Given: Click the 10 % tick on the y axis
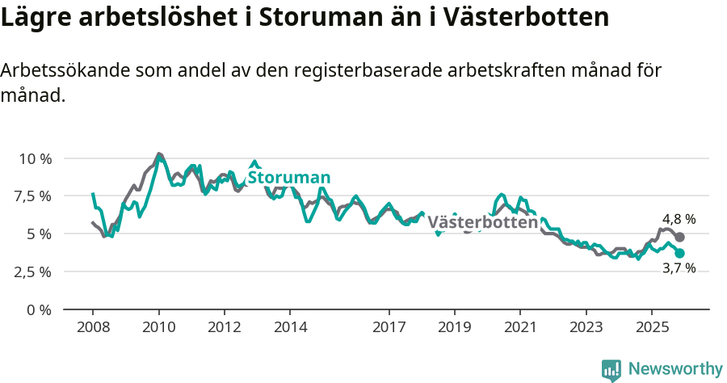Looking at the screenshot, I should [34, 158].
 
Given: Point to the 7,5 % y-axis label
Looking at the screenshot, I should [34, 196].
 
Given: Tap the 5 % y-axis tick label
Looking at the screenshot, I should [40, 234].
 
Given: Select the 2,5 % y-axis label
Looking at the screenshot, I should [34, 272].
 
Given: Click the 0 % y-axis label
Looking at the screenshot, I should [40, 309].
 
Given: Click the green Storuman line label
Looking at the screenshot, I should [289, 178].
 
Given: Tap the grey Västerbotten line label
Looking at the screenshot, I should [482, 222].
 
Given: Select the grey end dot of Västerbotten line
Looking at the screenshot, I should [680, 237].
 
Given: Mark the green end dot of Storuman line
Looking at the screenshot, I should [680, 254].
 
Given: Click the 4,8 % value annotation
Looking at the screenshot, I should [679, 219].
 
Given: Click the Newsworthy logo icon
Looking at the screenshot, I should [611, 369].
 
